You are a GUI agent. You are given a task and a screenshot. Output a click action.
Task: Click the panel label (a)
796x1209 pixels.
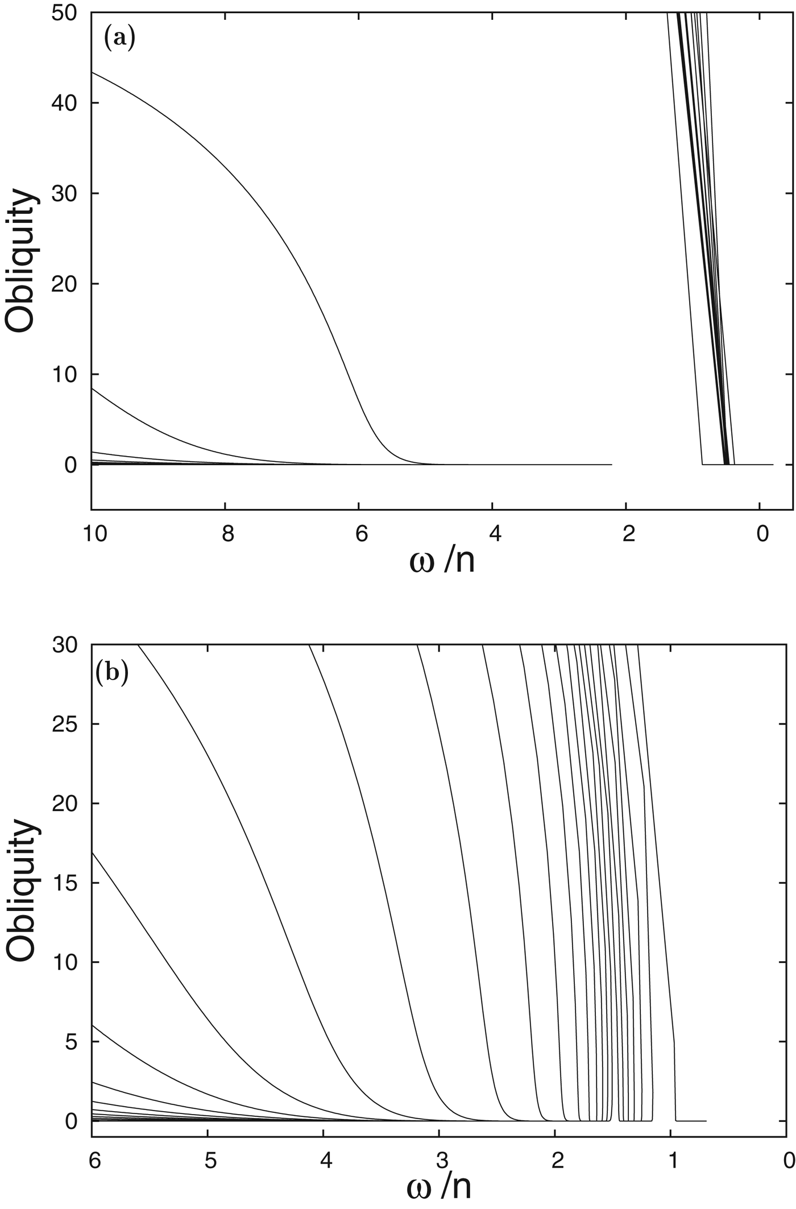[119, 39]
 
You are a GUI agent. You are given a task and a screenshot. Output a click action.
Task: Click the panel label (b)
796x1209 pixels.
[113, 673]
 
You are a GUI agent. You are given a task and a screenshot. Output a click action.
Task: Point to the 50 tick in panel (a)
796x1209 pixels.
[67, 13]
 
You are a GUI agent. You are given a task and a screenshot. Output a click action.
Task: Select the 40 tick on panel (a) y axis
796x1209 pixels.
[67, 103]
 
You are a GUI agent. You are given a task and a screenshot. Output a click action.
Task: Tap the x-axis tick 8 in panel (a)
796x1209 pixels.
[227, 535]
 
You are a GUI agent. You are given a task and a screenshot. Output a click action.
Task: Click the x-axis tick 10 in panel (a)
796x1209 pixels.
[94, 535]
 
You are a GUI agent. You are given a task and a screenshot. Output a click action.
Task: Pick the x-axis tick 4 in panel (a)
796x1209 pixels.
[495, 535]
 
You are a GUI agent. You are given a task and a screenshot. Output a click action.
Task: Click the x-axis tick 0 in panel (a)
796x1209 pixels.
[762, 535]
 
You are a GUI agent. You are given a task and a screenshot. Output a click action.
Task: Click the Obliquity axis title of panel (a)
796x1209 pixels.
[22, 262]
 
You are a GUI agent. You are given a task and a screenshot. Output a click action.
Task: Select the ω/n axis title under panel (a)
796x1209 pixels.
[441, 562]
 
